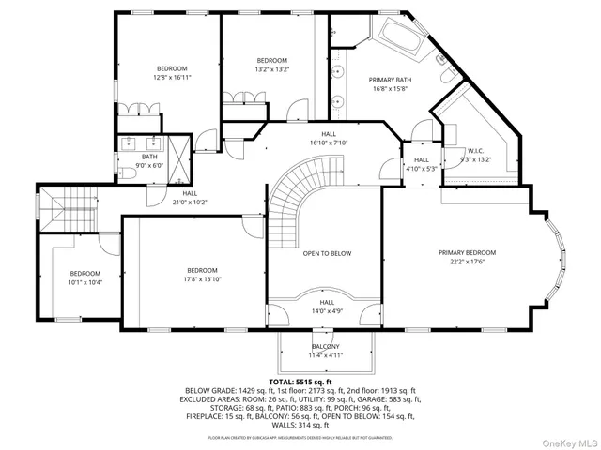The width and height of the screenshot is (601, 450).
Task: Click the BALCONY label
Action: (327, 346)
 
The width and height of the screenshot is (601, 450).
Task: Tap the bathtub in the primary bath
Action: (393, 37)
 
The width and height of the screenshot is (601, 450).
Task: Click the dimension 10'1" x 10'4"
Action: (85, 282)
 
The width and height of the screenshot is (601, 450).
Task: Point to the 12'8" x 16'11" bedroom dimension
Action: (172, 79)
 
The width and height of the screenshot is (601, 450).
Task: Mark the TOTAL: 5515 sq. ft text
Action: (300, 382)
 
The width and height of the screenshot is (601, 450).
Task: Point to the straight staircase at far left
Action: (59, 204)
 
